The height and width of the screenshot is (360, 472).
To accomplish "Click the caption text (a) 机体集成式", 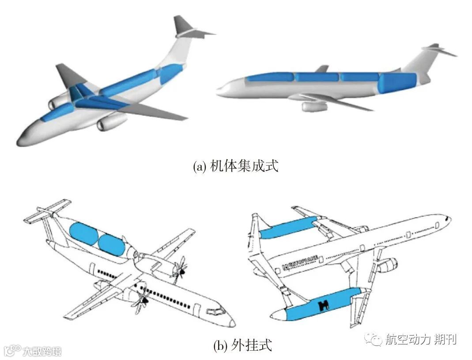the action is pyautogui.click(x=236, y=167).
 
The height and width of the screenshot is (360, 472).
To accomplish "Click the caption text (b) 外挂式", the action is pyautogui.click(x=242, y=344).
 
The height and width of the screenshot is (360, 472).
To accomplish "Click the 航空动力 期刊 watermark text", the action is pyautogui.click(x=420, y=339).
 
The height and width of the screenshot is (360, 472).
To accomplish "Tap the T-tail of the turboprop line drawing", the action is pyautogui.click(x=46, y=212).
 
